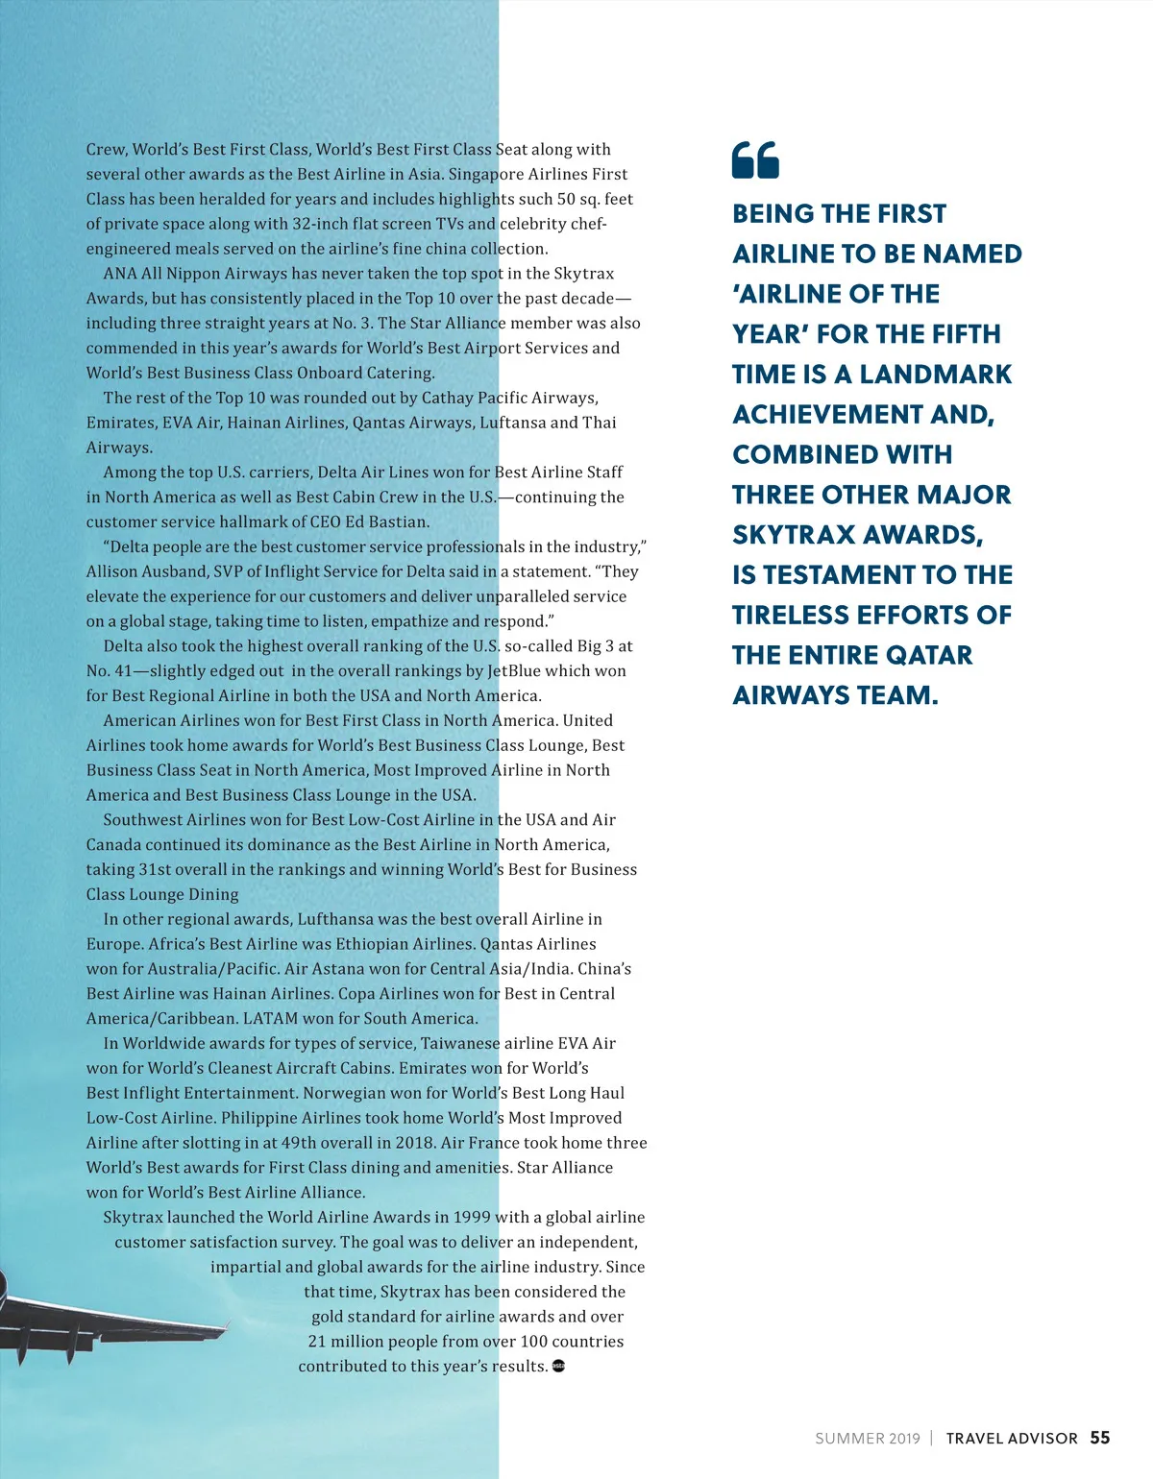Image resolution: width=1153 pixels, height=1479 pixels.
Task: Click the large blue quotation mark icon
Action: click(x=755, y=159)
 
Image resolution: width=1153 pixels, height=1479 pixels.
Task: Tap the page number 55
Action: click(x=1100, y=1438)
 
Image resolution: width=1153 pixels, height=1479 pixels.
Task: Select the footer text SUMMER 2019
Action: click(x=867, y=1439)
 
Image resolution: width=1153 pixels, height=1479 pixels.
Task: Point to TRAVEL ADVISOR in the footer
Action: click(x=1012, y=1439)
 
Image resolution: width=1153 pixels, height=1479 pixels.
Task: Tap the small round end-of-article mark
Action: click(x=558, y=1366)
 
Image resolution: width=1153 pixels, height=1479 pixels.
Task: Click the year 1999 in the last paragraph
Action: click(x=472, y=1217)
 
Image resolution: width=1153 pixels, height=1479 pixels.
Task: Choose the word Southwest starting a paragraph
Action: click(x=143, y=819)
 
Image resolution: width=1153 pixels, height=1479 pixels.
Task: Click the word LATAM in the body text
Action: click(x=269, y=1018)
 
